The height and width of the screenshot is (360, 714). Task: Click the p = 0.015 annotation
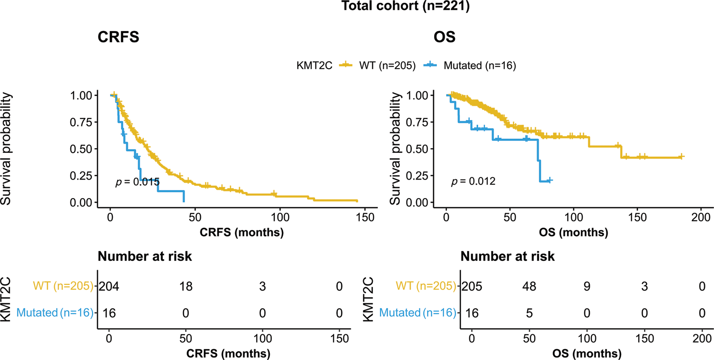[137, 182]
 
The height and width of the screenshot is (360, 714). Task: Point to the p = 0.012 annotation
[473, 181]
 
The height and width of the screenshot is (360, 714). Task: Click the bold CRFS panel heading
[119, 37]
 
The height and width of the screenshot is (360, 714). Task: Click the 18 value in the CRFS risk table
[186, 287]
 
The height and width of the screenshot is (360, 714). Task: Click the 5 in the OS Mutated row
[529, 313]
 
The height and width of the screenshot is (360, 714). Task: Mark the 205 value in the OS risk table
[472, 287]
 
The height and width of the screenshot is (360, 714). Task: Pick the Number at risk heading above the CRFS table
[145, 257]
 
